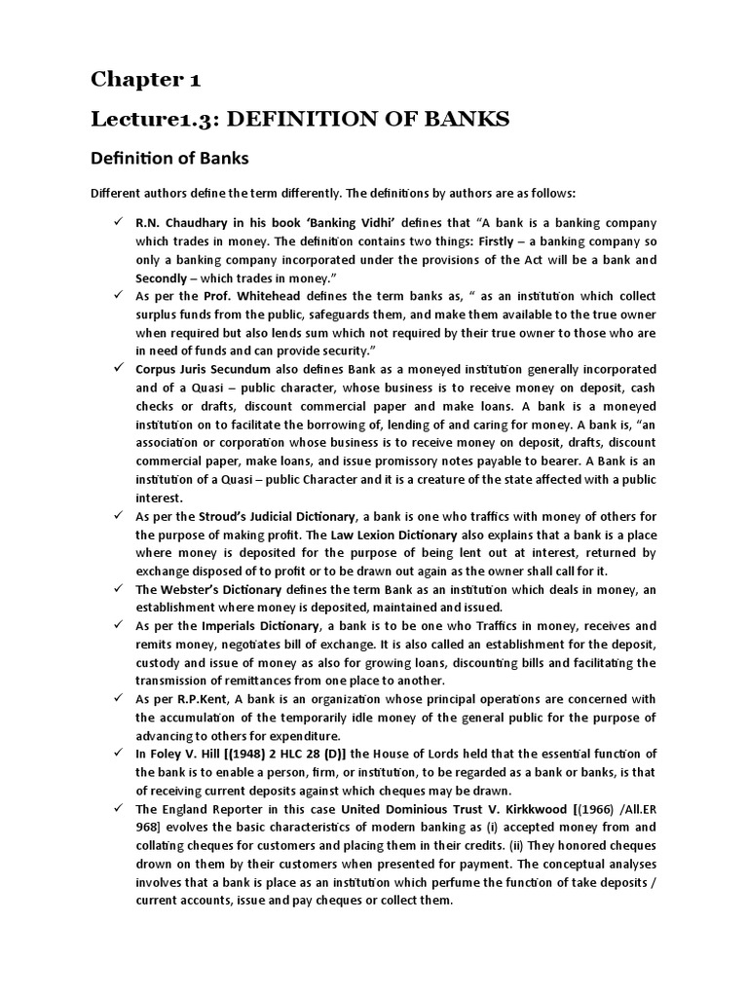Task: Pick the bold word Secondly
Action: point(167,277)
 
